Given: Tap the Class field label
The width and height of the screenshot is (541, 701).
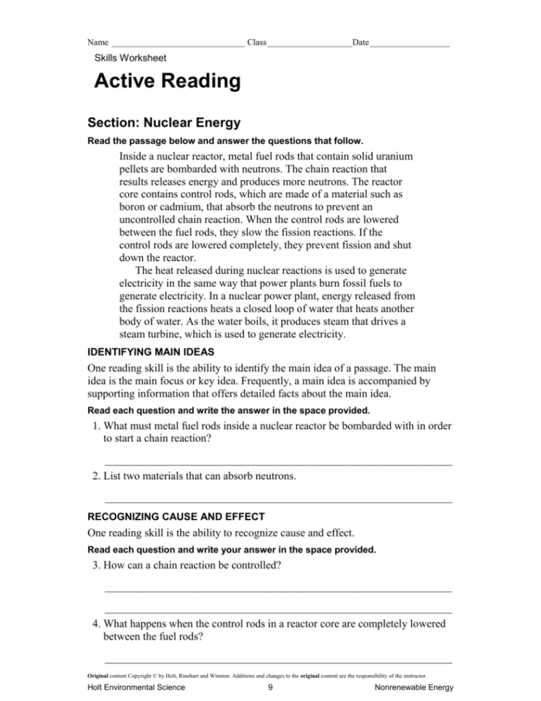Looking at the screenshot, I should (x=256, y=43).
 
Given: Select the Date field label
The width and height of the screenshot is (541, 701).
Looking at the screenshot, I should (x=360, y=43).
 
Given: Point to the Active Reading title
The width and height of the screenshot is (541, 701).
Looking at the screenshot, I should (x=168, y=82).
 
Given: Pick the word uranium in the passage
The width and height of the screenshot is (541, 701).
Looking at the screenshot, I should (x=412, y=156).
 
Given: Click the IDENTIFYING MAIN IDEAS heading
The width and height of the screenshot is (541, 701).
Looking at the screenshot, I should (x=150, y=352).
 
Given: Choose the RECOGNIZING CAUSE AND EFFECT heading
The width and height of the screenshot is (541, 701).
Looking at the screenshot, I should (x=176, y=517).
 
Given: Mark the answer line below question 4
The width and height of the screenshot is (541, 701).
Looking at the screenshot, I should (x=278, y=662).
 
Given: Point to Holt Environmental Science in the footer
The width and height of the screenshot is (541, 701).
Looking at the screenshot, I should (x=134, y=688).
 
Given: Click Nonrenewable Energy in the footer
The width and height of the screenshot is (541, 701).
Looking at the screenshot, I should (x=409, y=688).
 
